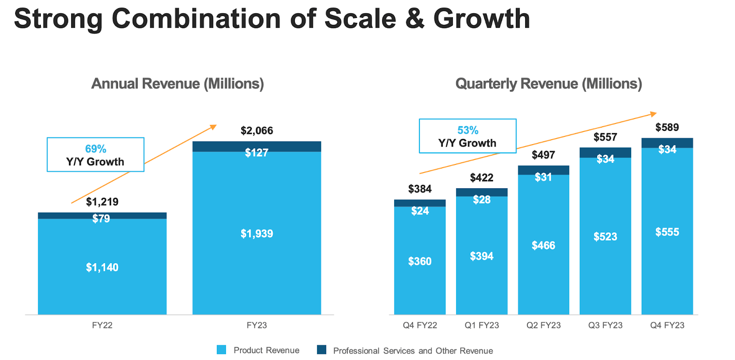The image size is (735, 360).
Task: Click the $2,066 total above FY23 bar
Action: coord(256,131)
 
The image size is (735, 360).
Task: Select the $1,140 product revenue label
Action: coord(102,267)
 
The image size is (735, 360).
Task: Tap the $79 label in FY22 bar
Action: coord(101,219)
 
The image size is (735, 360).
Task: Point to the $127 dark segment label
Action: coord(256,153)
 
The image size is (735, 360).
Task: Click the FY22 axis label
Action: coord(102,325)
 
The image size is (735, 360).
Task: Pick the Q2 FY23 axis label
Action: coord(543,325)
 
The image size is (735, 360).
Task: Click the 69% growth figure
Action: coord(96,149)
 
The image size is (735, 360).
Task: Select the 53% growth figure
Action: coord(468,130)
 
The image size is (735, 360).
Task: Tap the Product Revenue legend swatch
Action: coord(221,350)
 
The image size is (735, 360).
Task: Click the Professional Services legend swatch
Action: coord(322,350)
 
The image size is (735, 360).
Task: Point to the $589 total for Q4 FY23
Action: coord(667,127)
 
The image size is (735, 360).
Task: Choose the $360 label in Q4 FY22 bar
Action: coord(419,261)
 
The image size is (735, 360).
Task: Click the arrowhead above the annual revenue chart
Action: coord(213,127)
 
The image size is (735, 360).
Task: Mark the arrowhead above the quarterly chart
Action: coord(653,114)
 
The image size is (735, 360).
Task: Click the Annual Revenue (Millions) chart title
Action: coord(177,84)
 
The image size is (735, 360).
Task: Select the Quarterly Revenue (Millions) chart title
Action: coord(548,84)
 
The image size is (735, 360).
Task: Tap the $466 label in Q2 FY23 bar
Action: coord(543,246)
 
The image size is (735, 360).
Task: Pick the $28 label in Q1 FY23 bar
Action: coord(481,200)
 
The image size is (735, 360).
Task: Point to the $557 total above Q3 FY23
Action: coord(605,137)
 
